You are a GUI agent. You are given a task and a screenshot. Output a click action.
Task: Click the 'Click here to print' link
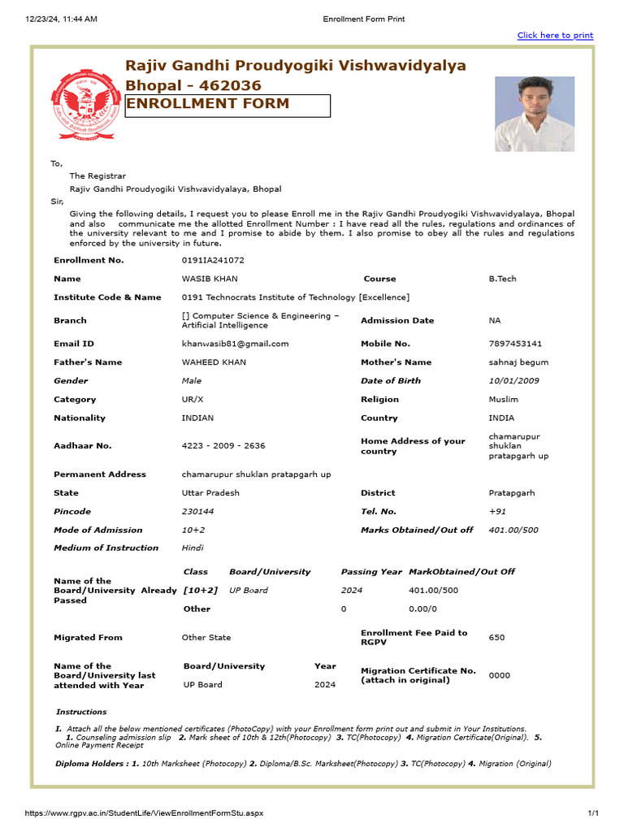coord(555,36)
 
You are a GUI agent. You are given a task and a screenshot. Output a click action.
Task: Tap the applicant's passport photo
coord(534,114)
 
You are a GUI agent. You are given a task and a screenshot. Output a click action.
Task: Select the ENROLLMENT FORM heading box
coord(227,106)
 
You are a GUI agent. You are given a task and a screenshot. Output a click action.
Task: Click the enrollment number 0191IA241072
coord(213,260)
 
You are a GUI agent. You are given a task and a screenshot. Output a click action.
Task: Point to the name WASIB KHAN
coord(210,279)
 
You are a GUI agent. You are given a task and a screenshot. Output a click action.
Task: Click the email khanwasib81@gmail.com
coord(235,344)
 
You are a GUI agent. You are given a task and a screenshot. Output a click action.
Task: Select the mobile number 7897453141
coord(515,344)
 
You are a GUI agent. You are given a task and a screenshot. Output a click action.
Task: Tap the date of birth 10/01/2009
coord(513,381)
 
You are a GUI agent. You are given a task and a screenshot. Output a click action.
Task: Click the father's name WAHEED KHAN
coord(214,362)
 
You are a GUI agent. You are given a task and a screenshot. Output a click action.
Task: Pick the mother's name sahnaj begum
coord(518,362)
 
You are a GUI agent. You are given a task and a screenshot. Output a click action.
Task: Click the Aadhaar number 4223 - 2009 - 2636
coord(223,446)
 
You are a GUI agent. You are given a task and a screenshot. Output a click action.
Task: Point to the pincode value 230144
coord(199,512)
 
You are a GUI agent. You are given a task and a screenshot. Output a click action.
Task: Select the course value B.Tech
coord(502,279)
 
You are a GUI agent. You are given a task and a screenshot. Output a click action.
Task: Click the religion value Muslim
coord(503,400)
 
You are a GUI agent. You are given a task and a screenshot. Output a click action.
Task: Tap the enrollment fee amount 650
coord(496,638)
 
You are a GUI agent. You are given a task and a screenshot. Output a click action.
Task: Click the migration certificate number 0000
coord(499,675)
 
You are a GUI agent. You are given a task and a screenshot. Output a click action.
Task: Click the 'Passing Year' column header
coord(371,572)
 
